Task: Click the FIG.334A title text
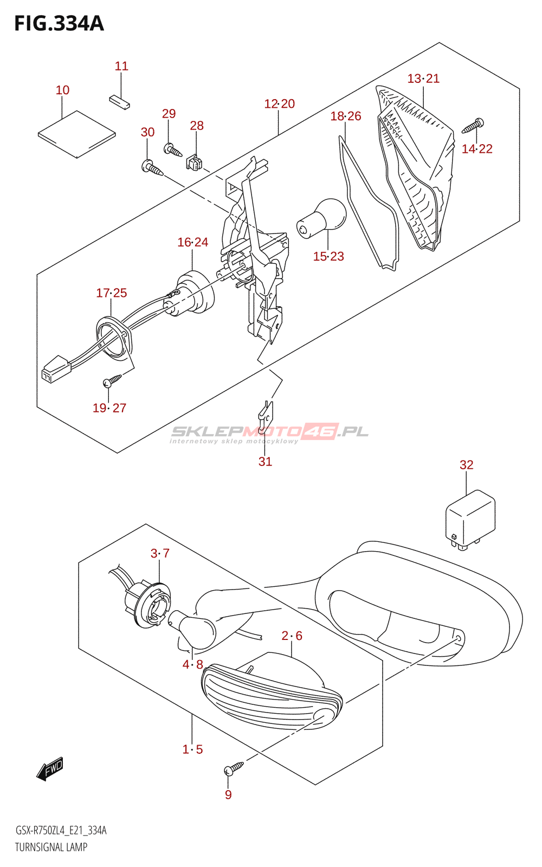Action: click(x=59, y=24)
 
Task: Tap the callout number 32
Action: click(x=466, y=465)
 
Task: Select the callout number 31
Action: click(x=265, y=462)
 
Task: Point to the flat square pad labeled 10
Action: click(x=77, y=134)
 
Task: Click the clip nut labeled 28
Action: click(x=195, y=162)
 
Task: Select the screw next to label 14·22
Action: click(x=473, y=126)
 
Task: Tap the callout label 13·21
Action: click(x=423, y=79)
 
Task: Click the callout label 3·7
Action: click(x=160, y=553)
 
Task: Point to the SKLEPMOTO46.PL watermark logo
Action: click(x=269, y=432)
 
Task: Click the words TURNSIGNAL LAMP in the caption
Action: click(x=51, y=847)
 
